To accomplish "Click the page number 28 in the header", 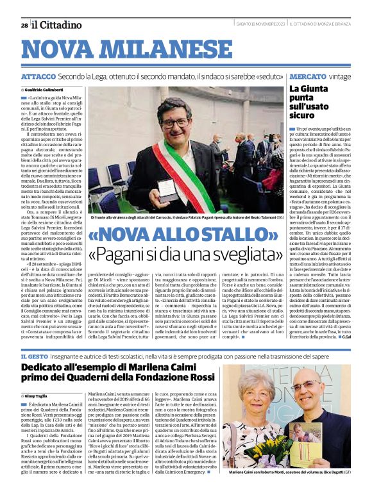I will pos(24,24).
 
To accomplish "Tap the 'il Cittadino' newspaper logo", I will pos(56,24).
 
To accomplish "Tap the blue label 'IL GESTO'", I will pos(35,355).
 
